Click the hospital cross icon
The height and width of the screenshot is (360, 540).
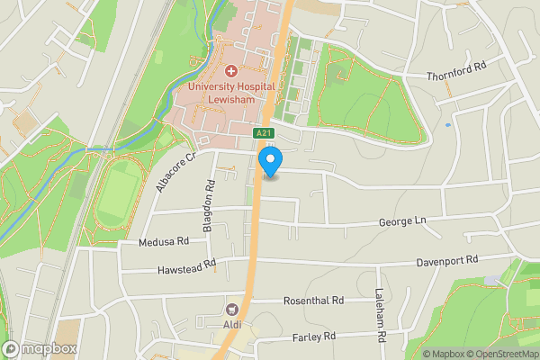(230, 70)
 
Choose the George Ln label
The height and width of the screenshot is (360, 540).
(400, 220)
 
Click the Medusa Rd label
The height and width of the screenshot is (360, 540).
(164, 241)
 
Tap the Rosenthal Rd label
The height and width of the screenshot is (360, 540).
(313, 301)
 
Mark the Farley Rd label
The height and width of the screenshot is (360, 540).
(313, 337)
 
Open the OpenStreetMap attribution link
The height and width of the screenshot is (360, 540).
(500, 354)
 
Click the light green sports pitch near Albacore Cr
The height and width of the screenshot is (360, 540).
(113, 196)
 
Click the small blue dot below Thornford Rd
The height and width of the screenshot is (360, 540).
(447, 125)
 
